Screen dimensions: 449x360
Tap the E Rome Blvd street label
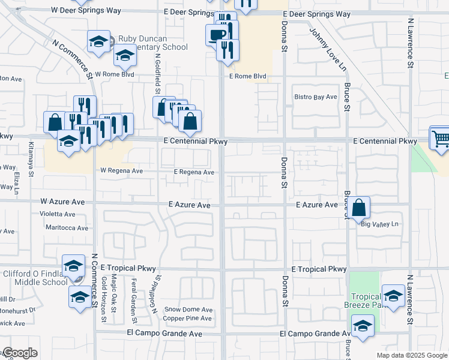[x=247, y=76]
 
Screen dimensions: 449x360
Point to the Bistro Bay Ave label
[x=315, y=97]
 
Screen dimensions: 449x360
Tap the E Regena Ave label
[x=194, y=172]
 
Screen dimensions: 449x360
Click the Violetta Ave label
[x=58, y=214]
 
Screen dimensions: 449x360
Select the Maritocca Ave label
[x=67, y=228]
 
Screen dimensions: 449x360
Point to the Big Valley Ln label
[x=380, y=224]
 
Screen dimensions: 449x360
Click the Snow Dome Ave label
[x=188, y=310]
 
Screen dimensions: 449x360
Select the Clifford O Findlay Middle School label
[x=35, y=278]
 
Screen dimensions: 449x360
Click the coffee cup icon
[x=216, y=34]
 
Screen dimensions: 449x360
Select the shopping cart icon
[x=441, y=139]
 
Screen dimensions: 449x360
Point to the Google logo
[x=19, y=353]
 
